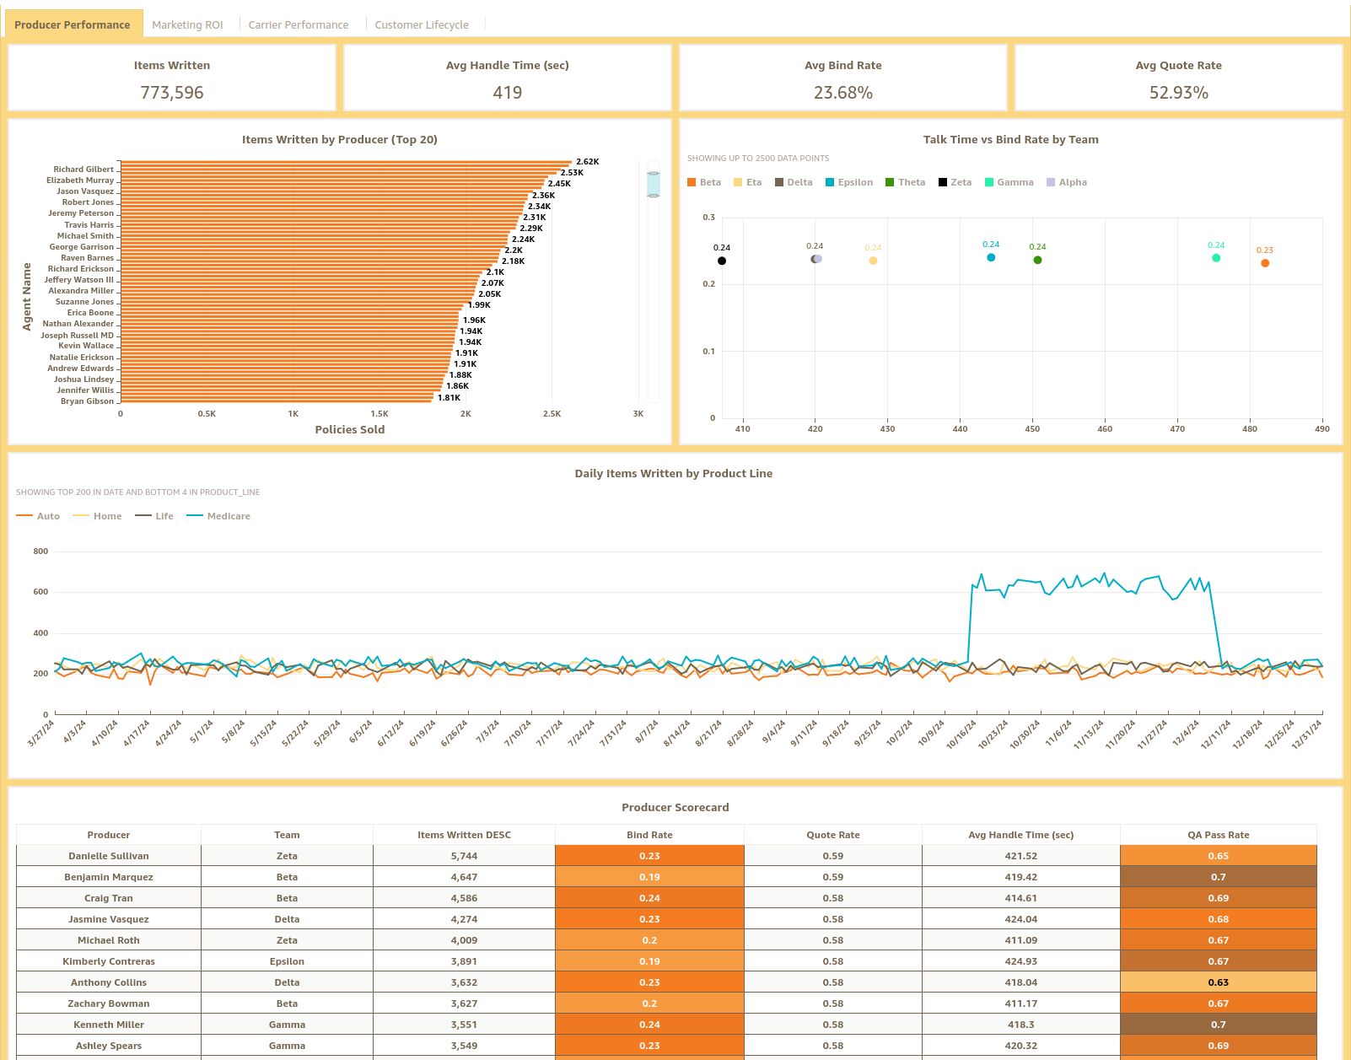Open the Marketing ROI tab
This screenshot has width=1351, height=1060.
[187, 24]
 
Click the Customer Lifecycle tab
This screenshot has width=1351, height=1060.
[421, 24]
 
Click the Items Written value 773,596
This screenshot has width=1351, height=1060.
[172, 93]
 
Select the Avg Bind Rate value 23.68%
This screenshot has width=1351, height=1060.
[842, 93]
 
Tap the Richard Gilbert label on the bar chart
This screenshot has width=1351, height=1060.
[83, 169]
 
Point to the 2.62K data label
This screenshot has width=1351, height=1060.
[587, 162]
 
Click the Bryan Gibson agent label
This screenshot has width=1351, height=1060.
[87, 401]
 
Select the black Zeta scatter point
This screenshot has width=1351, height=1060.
[722, 261]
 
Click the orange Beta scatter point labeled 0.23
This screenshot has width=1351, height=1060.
[1265, 263]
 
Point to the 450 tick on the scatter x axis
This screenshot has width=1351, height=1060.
[1032, 429]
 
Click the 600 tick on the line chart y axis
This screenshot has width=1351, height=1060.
[40, 592]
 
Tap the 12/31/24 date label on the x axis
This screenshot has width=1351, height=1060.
[1307, 734]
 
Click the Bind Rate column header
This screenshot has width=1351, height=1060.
[649, 835]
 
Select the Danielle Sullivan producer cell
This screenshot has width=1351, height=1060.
[109, 856]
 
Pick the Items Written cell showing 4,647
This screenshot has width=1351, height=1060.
[464, 877]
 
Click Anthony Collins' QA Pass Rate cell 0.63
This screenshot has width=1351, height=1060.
[1218, 982]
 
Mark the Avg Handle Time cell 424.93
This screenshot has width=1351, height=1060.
[1020, 961]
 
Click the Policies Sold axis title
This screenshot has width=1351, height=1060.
[349, 429]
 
